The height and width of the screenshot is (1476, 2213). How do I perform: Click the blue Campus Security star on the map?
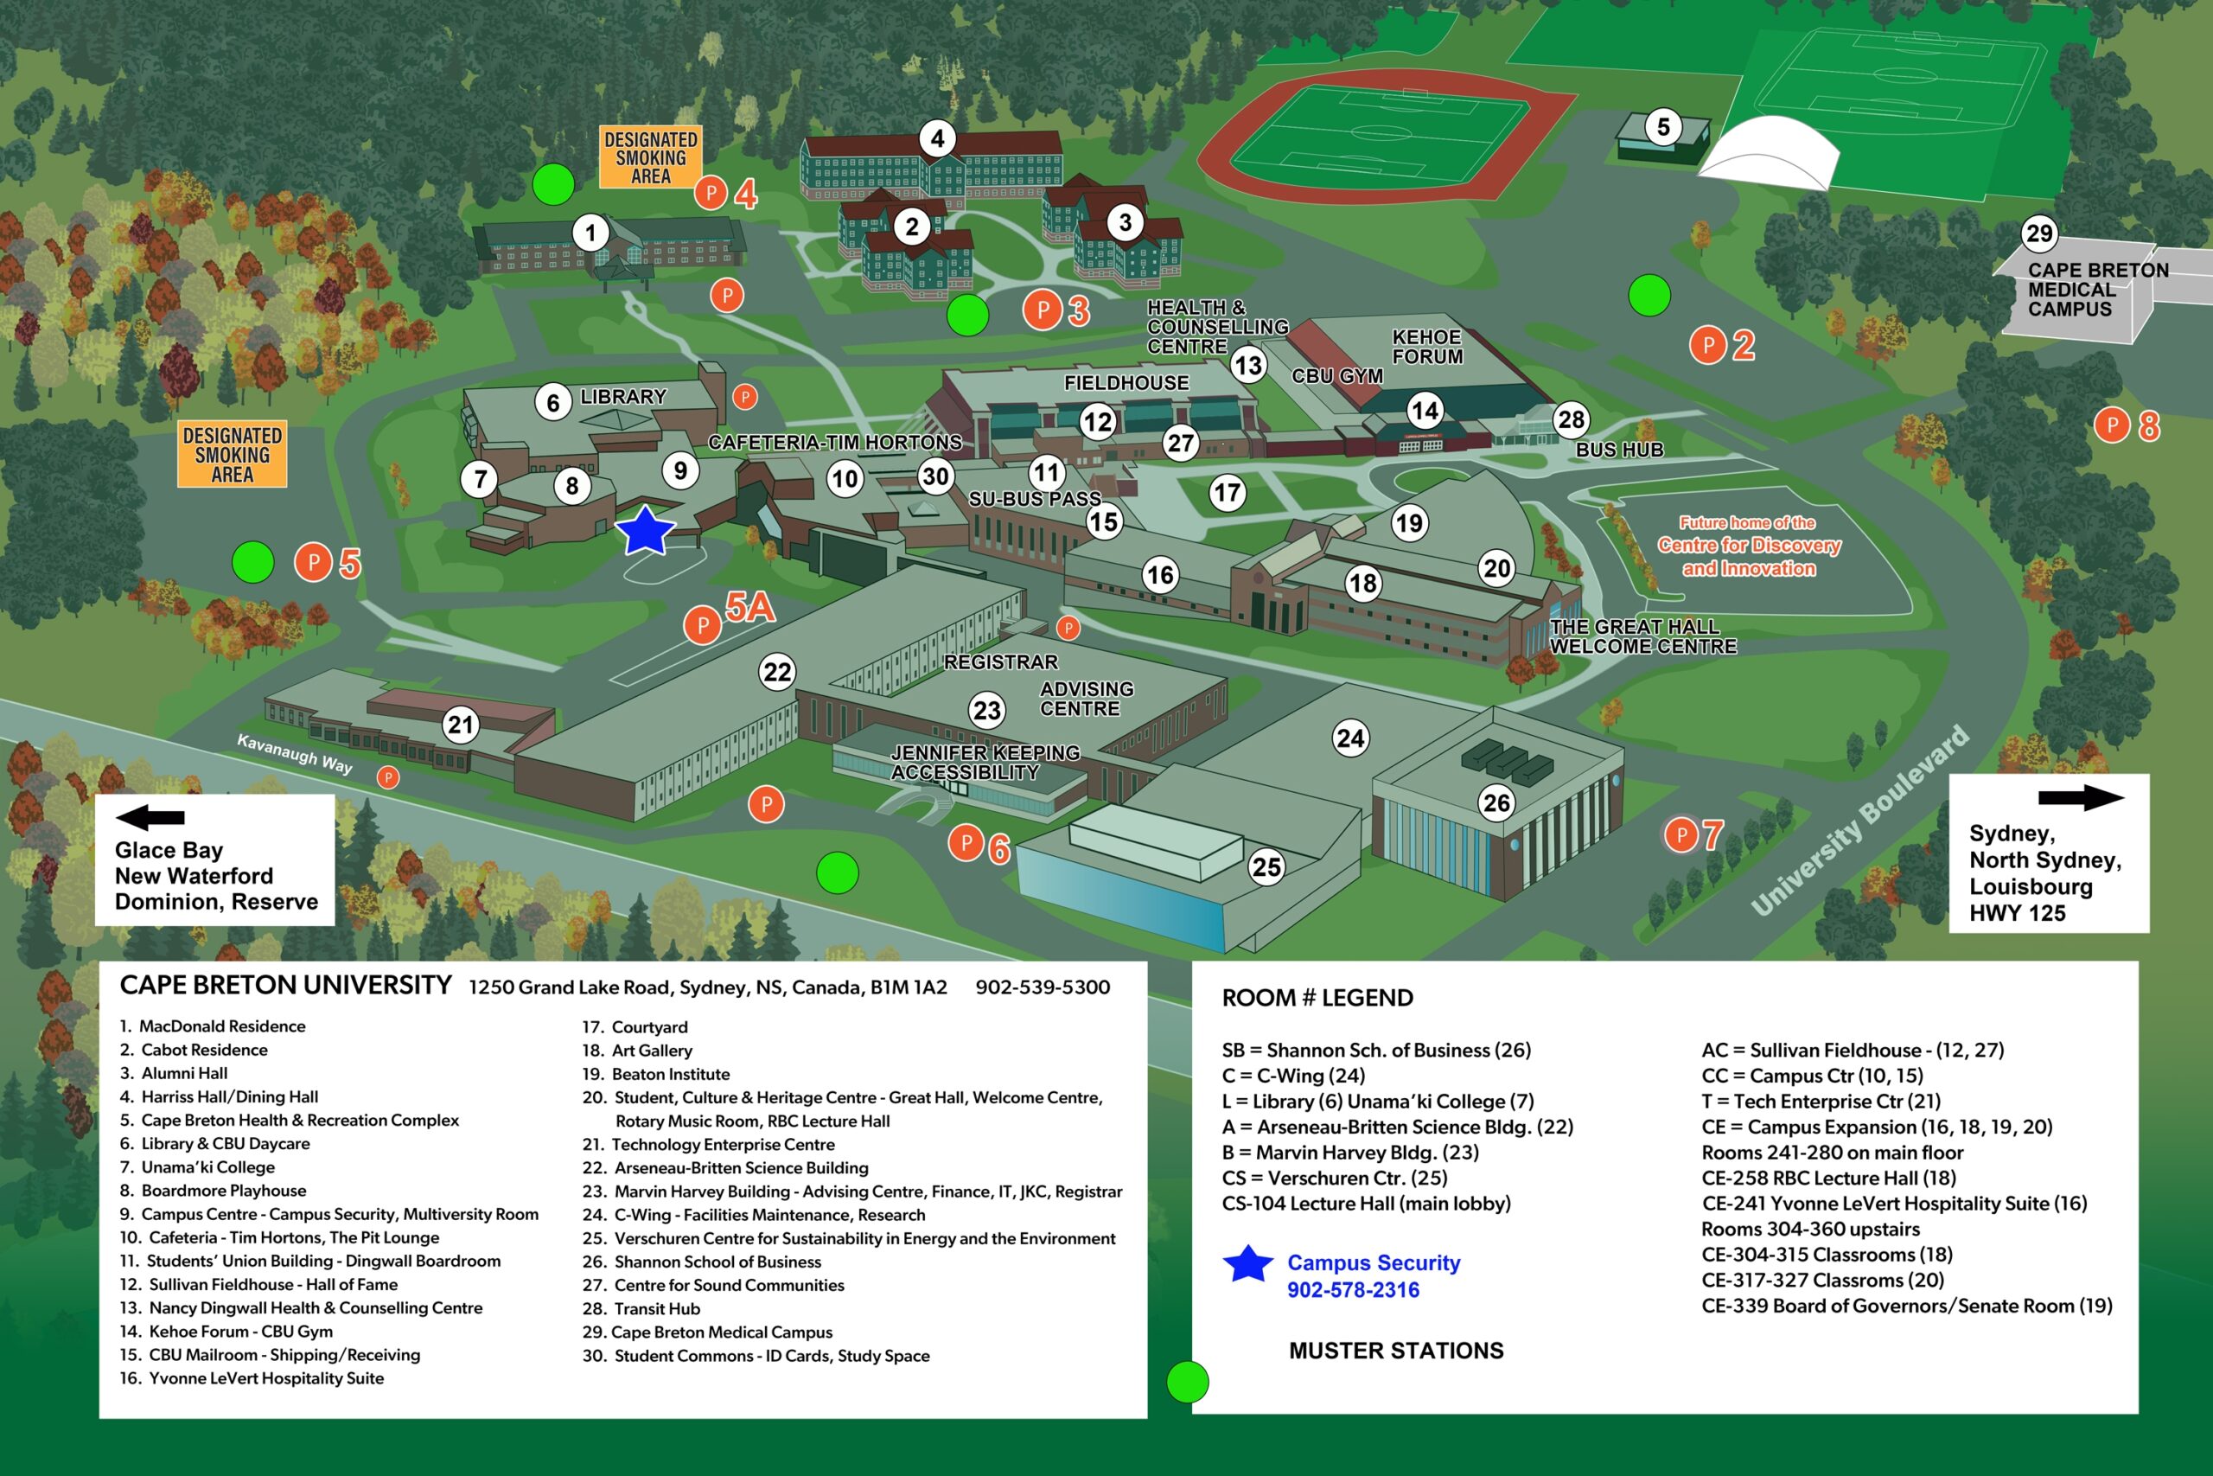point(645,531)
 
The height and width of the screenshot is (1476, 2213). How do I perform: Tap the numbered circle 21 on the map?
point(460,725)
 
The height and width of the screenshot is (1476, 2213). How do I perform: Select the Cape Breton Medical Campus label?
point(2084,289)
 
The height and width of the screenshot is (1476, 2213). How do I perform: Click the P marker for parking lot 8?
point(2113,425)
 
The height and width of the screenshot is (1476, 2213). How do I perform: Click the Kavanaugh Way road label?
point(295,754)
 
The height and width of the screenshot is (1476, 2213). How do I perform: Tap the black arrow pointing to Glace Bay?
point(150,817)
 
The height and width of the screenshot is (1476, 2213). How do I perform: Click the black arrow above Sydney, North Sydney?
point(2081,798)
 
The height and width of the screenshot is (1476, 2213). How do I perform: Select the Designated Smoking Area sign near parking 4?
point(650,157)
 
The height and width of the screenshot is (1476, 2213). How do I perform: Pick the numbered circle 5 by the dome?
point(1662,126)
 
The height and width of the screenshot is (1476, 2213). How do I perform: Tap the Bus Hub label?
point(1619,450)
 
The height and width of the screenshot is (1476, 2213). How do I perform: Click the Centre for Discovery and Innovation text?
point(1748,546)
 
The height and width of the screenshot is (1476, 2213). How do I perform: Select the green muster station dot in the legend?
point(1188,1382)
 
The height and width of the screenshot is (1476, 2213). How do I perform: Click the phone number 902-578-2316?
point(1352,1289)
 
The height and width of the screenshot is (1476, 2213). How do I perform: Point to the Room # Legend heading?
point(1317,998)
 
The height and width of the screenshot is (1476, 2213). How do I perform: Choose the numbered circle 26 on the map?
point(1496,802)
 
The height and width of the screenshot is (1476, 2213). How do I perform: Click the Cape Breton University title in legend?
point(285,986)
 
